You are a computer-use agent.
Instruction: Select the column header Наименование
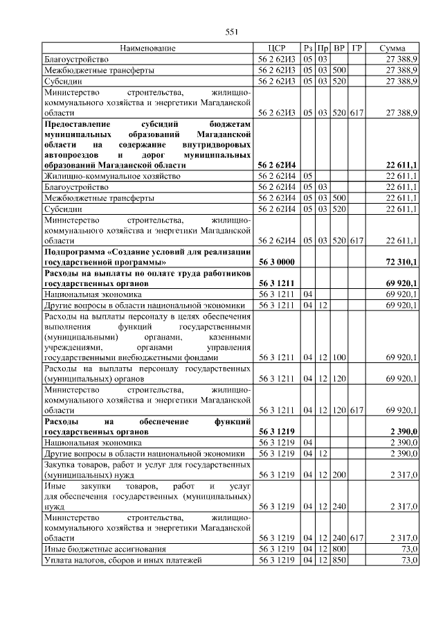(147, 48)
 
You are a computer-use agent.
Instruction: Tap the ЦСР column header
(276, 48)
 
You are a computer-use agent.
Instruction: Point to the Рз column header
(308, 48)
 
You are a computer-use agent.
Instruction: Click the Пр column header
(323, 48)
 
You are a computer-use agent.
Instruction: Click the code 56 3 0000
(276, 263)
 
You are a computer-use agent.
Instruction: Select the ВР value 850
(339, 559)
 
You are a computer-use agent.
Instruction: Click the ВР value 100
(339, 357)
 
